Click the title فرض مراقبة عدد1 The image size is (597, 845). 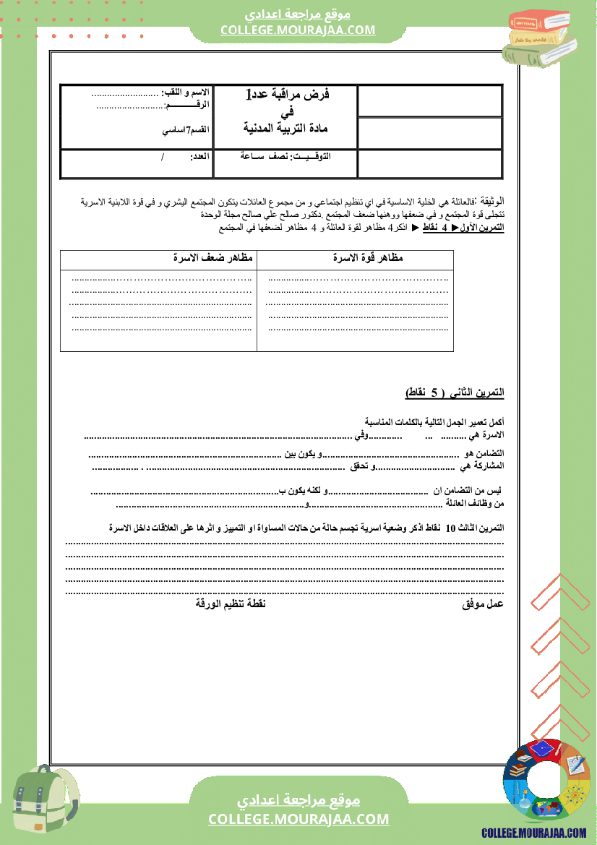[288, 95]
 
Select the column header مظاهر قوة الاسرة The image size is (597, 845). [367, 258]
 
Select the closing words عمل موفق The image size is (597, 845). [483, 604]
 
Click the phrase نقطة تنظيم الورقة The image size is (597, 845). [231, 604]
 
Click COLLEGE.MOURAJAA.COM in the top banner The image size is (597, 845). [298, 30]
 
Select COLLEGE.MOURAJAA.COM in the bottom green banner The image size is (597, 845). [298, 819]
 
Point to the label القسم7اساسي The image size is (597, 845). [186, 129]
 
